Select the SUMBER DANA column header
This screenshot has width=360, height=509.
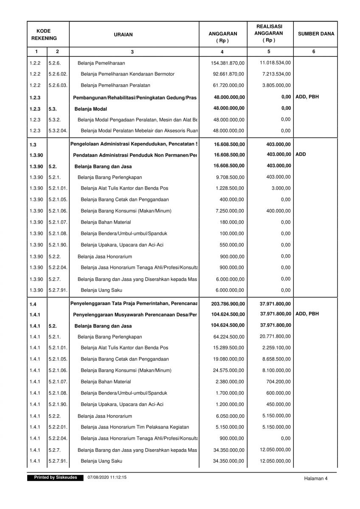pyautogui.click(x=315, y=34)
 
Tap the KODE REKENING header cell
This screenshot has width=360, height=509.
pyautogui.click(x=43, y=34)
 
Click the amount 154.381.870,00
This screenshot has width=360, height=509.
pyautogui.click(x=228, y=63)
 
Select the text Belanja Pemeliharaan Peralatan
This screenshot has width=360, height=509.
pyautogui.click(x=115, y=86)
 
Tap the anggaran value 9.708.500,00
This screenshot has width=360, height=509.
pyautogui.click(x=230, y=177)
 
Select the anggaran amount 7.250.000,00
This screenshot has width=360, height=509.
pyautogui.click(x=230, y=211)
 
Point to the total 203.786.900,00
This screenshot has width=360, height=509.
pyautogui.click(x=228, y=304)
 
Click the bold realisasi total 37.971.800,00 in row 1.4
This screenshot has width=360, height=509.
pyautogui.click(x=275, y=304)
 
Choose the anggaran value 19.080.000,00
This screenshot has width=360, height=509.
pyautogui.click(x=228, y=359)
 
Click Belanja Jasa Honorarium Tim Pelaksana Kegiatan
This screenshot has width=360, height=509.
pyautogui.click(x=135, y=427)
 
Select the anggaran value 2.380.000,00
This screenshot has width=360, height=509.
pyautogui.click(x=230, y=382)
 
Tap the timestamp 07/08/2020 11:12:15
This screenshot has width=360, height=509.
pyautogui.click(x=107, y=478)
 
